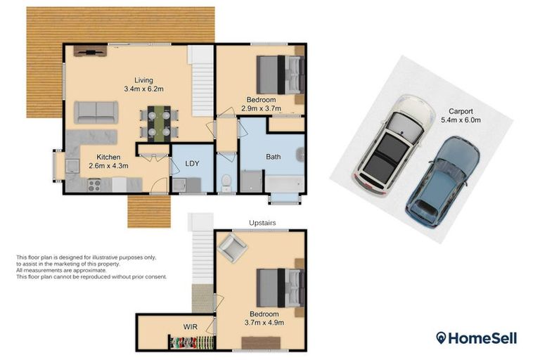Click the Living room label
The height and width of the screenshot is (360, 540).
[143, 80]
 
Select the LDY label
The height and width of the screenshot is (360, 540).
[192, 163]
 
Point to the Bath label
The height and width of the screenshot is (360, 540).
[274, 157]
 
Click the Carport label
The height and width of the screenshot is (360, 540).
[458, 111]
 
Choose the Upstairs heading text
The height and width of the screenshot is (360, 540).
[262, 223]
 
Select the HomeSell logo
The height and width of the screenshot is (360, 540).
[476, 338]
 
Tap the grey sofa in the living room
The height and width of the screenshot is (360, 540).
[96, 112]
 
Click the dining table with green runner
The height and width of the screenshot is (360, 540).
[158, 122]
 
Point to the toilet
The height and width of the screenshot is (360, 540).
[226, 184]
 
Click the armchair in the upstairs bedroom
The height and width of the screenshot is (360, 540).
[232, 247]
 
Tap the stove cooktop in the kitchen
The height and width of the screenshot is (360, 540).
[94, 185]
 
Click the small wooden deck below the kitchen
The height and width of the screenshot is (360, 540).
[149, 210]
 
